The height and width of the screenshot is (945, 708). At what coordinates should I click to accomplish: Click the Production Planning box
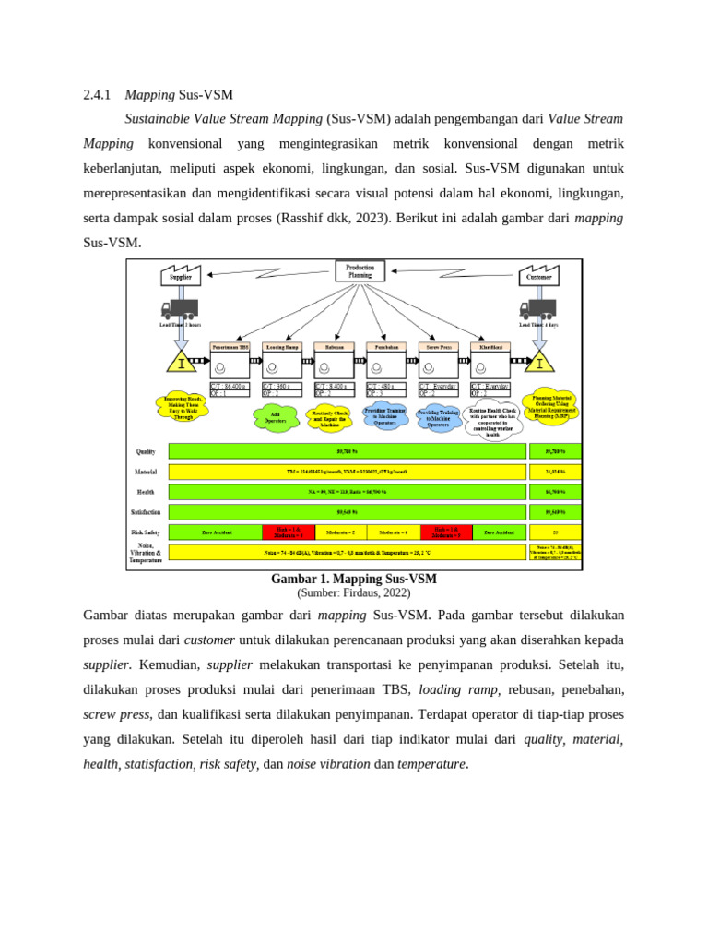(x=360, y=271)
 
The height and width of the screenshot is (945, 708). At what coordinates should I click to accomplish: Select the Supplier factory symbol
(x=181, y=274)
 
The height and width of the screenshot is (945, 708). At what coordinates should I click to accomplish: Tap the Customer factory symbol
(x=540, y=274)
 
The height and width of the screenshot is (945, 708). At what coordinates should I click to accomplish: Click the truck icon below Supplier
(x=179, y=309)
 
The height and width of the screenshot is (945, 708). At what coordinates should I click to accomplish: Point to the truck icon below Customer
(x=537, y=309)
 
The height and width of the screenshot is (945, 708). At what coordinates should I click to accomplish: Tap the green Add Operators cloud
(x=276, y=416)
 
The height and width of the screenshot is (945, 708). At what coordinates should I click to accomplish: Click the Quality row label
(x=146, y=452)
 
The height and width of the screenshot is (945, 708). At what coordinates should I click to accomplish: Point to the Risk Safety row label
(x=145, y=532)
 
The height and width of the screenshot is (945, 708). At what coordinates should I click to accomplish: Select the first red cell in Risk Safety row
(x=289, y=532)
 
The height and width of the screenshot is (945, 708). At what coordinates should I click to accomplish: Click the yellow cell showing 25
(x=554, y=532)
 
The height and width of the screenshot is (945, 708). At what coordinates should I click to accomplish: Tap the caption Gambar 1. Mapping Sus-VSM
(x=354, y=580)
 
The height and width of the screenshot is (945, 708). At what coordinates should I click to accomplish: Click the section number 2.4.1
(x=97, y=94)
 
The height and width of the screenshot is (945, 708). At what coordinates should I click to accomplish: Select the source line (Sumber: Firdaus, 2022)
(x=354, y=593)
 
